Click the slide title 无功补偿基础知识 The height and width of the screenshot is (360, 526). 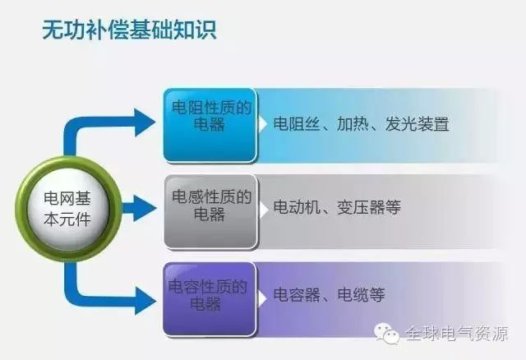coord(130,30)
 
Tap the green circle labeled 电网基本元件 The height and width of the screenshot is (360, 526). coord(68,210)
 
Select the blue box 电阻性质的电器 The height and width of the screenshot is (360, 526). coord(210,126)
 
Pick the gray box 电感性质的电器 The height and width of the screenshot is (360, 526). coord(211,212)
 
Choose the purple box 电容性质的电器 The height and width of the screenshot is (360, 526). coord(210,299)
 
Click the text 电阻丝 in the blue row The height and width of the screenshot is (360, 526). coord(296,124)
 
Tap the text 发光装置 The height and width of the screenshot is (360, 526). coord(417,124)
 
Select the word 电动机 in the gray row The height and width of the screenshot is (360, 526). coord(296,207)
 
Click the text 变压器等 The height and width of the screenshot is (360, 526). coord(369,207)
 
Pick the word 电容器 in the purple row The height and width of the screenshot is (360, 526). coord(297,295)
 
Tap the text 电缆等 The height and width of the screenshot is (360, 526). coord(361,295)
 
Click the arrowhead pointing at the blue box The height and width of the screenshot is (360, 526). coord(145,122)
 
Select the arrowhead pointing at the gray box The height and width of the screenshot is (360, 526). coord(145,208)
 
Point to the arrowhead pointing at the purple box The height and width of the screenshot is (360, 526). coord(145,301)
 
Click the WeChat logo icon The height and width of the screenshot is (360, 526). coord(387,334)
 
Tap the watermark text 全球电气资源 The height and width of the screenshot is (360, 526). coord(457,334)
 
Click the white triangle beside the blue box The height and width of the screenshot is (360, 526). coord(262,124)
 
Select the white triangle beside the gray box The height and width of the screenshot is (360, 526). coord(263,210)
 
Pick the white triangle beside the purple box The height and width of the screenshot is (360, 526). coord(262,298)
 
